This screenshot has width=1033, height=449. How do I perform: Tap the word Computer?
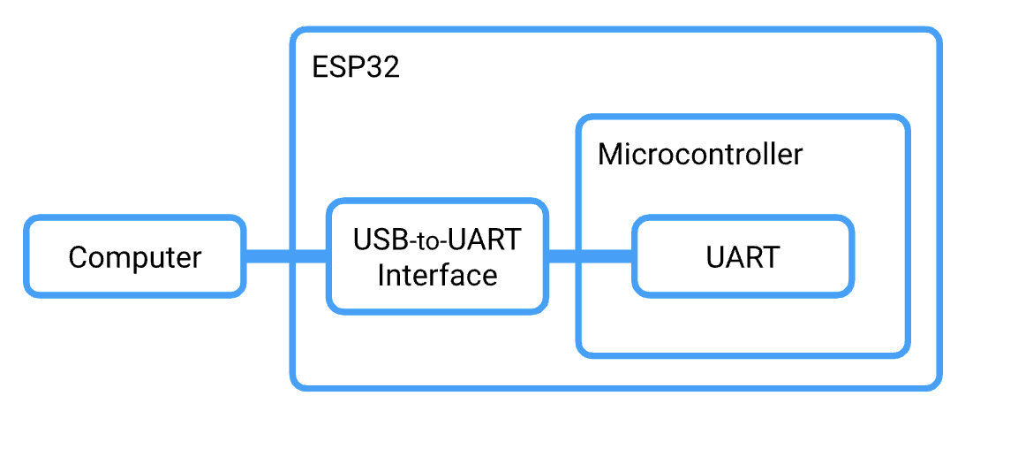coord(134,257)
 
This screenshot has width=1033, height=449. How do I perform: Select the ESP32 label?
coord(356,67)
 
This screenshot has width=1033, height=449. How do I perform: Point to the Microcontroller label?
coord(700,155)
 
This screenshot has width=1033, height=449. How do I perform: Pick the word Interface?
coord(437,275)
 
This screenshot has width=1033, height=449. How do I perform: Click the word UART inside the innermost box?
coord(743,257)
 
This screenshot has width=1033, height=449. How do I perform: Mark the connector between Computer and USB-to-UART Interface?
coord(285,256)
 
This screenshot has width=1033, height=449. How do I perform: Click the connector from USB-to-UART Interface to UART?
coord(590,256)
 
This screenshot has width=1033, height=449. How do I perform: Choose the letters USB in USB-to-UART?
coord(381,240)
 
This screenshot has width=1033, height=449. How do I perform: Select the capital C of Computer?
coord(78,257)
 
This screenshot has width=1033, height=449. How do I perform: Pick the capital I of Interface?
coord(381,275)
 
